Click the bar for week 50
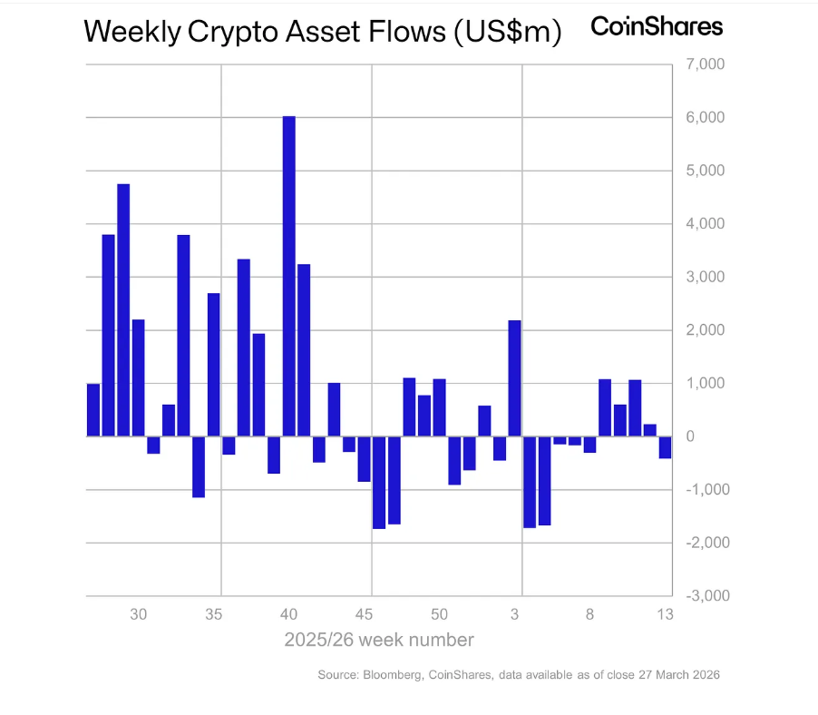point(439,407)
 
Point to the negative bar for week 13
point(665,447)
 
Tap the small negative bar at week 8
point(589,445)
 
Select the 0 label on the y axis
point(690,436)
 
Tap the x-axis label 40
point(289,614)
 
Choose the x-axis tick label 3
point(515,614)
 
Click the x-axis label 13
point(665,614)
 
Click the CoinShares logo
point(657,26)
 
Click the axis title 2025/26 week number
point(379,640)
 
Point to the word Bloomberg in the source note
point(396,675)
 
